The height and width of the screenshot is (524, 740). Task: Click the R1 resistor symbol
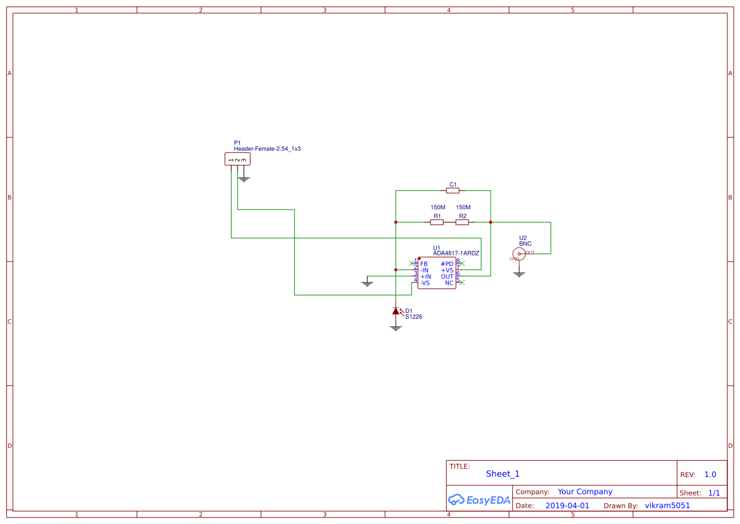point(437,222)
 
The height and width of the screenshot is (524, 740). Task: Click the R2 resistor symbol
point(462,222)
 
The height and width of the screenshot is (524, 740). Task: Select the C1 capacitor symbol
point(453,190)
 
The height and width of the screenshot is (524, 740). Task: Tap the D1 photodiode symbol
point(396,311)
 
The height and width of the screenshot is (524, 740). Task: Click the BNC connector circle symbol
point(518,254)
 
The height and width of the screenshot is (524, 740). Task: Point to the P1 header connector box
point(237,159)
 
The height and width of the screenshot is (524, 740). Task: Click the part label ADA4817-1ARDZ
point(456,253)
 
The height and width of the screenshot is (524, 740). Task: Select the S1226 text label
point(413,317)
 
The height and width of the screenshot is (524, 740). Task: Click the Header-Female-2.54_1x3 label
point(267,149)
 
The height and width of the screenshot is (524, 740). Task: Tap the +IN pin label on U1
point(425,277)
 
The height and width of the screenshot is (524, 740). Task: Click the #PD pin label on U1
point(447,264)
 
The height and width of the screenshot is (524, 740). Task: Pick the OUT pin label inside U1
point(447,277)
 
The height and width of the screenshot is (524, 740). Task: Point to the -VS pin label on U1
point(425,283)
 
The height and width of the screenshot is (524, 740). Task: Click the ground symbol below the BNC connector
point(519,274)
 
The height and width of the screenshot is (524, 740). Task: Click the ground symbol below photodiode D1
point(396,328)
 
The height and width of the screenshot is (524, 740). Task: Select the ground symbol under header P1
point(244,179)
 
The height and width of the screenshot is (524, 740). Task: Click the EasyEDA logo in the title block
point(479,500)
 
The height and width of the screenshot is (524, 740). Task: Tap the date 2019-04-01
point(567,506)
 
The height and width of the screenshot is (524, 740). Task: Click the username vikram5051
point(667,506)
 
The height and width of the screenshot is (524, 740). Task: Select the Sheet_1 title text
point(503,474)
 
